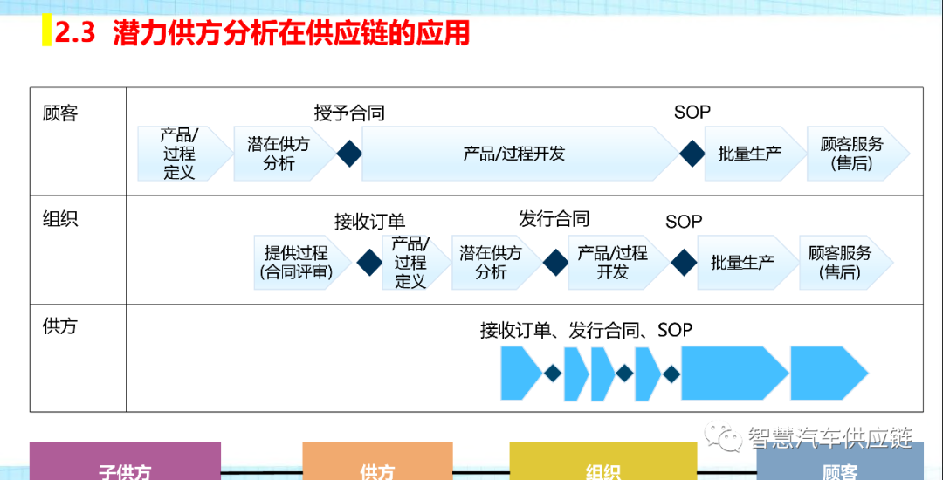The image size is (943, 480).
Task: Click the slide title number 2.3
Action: [74, 33]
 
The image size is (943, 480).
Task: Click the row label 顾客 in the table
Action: [60, 113]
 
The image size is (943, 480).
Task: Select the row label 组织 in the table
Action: [60, 218]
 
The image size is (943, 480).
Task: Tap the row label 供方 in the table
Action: [60, 326]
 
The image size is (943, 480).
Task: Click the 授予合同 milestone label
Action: [349, 113]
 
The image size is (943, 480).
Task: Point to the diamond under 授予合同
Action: [349, 154]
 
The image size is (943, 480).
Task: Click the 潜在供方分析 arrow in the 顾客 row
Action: [279, 154]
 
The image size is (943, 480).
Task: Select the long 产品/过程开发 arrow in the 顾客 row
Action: [515, 154]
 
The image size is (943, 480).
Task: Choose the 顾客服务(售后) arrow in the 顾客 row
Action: [852, 154]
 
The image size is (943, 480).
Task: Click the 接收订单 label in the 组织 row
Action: [369, 222]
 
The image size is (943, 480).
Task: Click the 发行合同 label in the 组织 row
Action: [554, 218]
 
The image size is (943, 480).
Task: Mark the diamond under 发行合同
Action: [555, 262]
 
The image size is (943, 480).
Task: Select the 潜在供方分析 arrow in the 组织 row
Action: [491, 262]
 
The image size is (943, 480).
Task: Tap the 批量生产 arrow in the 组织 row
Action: [742, 262]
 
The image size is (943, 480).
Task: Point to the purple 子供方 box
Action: [125, 463]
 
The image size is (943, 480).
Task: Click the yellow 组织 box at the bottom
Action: [602, 463]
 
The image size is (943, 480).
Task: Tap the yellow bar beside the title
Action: [46, 33]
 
